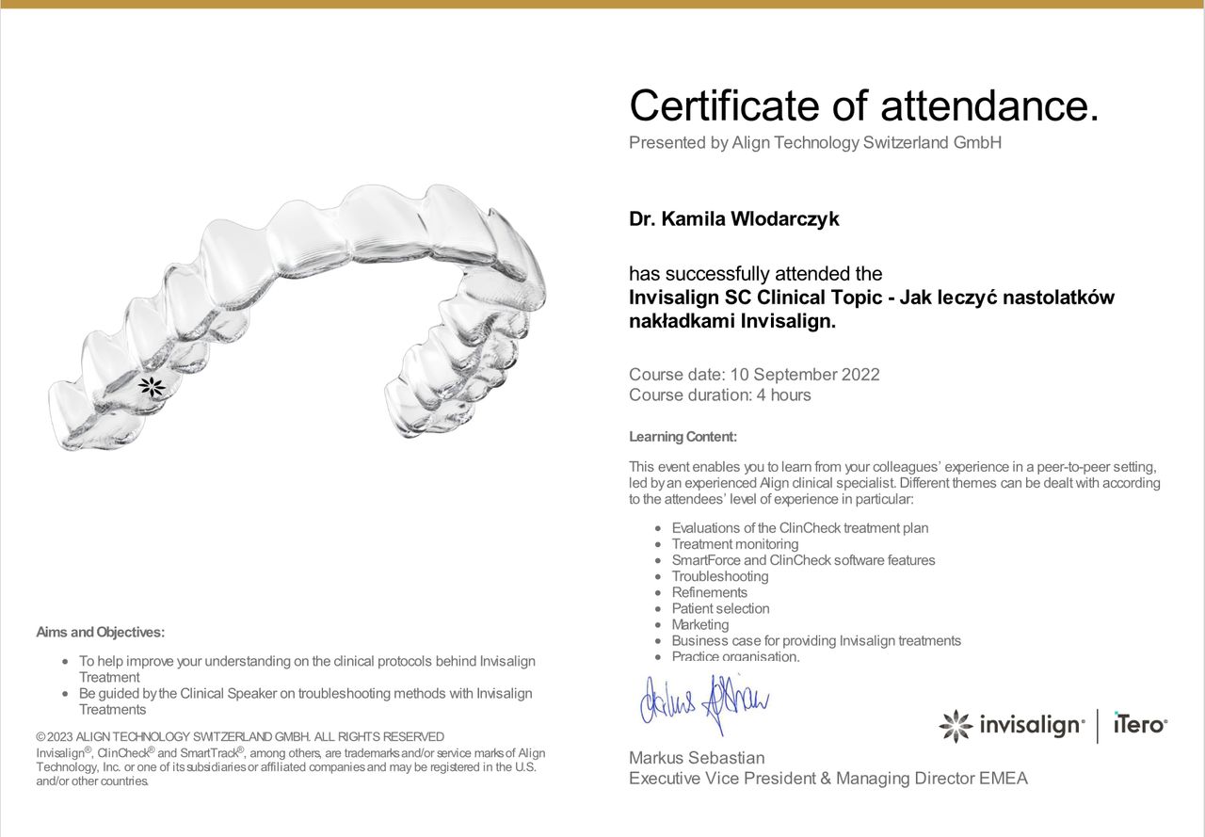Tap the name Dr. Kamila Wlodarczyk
[733, 219]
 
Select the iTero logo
[1140, 725]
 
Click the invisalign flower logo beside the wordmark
[956, 726]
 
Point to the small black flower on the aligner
[152, 386]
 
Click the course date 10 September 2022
[805, 375]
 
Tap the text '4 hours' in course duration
[783, 395]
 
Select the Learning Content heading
[683, 437]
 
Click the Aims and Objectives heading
[100, 633]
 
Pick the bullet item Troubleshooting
[719, 576]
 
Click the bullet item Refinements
[709, 592]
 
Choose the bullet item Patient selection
[720, 608]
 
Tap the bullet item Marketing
[699, 624]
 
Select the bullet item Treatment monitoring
[734, 544]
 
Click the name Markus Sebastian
[697, 758]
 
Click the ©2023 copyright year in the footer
[55, 736]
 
